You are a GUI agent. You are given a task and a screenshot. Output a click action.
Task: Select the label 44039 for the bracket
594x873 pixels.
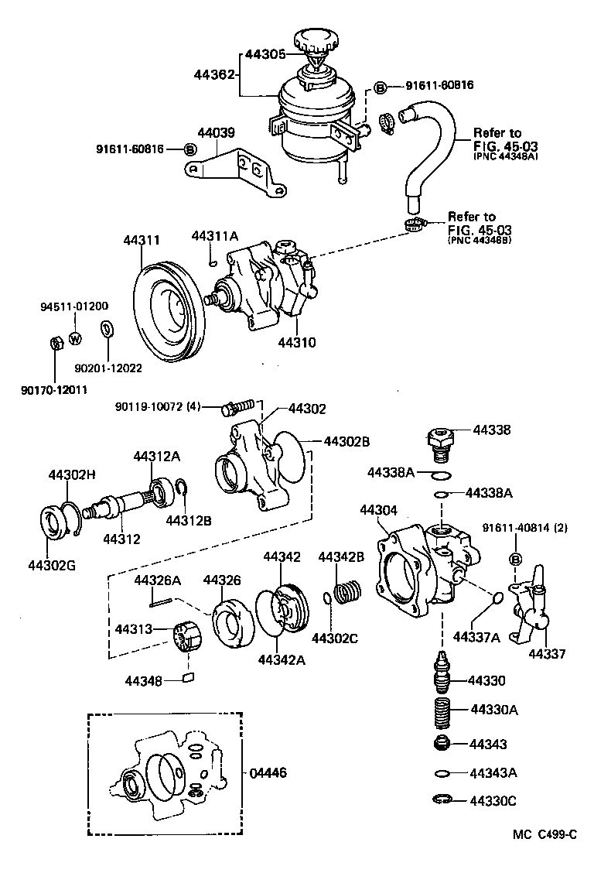click(x=216, y=133)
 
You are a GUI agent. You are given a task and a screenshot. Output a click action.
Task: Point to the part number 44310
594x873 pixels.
click(x=297, y=341)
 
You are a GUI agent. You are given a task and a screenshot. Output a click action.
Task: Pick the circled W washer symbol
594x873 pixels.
click(x=75, y=338)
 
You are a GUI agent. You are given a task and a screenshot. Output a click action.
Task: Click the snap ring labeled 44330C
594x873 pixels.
click(x=442, y=800)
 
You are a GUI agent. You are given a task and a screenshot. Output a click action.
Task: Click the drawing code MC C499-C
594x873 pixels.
click(x=544, y=834)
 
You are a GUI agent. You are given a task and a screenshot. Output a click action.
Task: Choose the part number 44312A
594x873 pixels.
click(x=156, y=457)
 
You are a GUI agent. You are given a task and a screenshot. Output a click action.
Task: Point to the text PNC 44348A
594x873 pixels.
click(x=504, y=156)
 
